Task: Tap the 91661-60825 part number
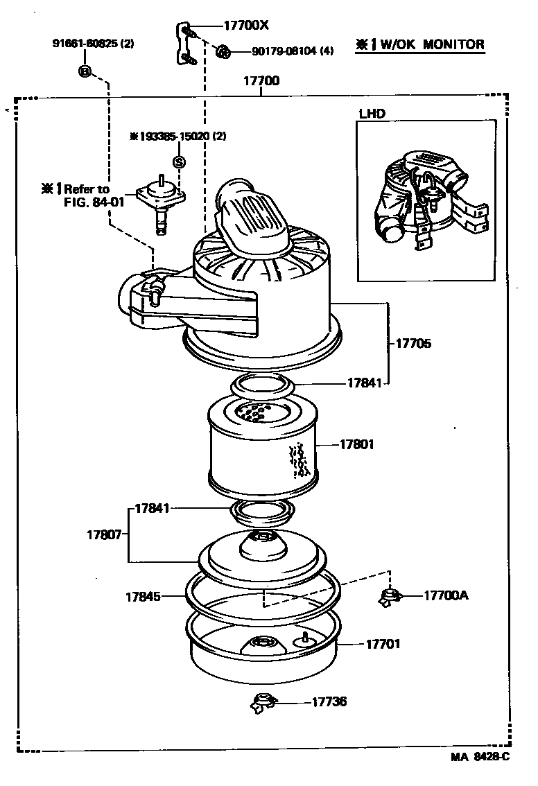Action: (93, 43)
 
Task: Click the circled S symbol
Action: (179, 161)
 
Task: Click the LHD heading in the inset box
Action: (372, 114)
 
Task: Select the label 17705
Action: (413, 343)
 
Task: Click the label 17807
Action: (104, 534)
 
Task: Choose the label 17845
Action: (143, 595)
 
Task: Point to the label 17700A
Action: (445, 595)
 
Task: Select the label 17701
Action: (383, 644)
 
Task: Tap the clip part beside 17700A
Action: (391, 595)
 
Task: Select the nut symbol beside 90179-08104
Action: (223, 51)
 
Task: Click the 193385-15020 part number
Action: (177, 136)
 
